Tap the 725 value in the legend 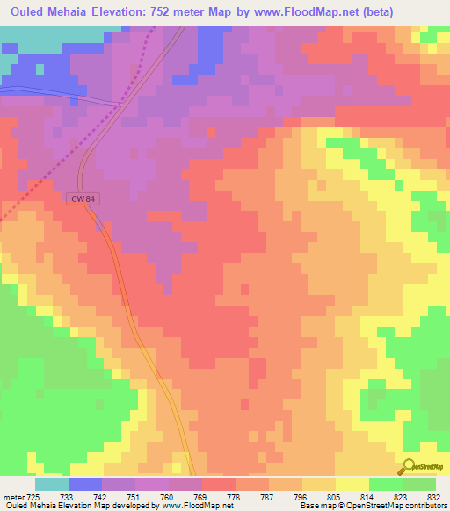coord(33,497)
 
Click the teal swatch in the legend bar coord(52,484)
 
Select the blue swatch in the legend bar coord(85,484)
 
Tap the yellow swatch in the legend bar coord(352,484)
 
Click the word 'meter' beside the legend coord(12,497)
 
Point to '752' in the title coord(185,11)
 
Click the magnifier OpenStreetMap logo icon coord(408,466)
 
